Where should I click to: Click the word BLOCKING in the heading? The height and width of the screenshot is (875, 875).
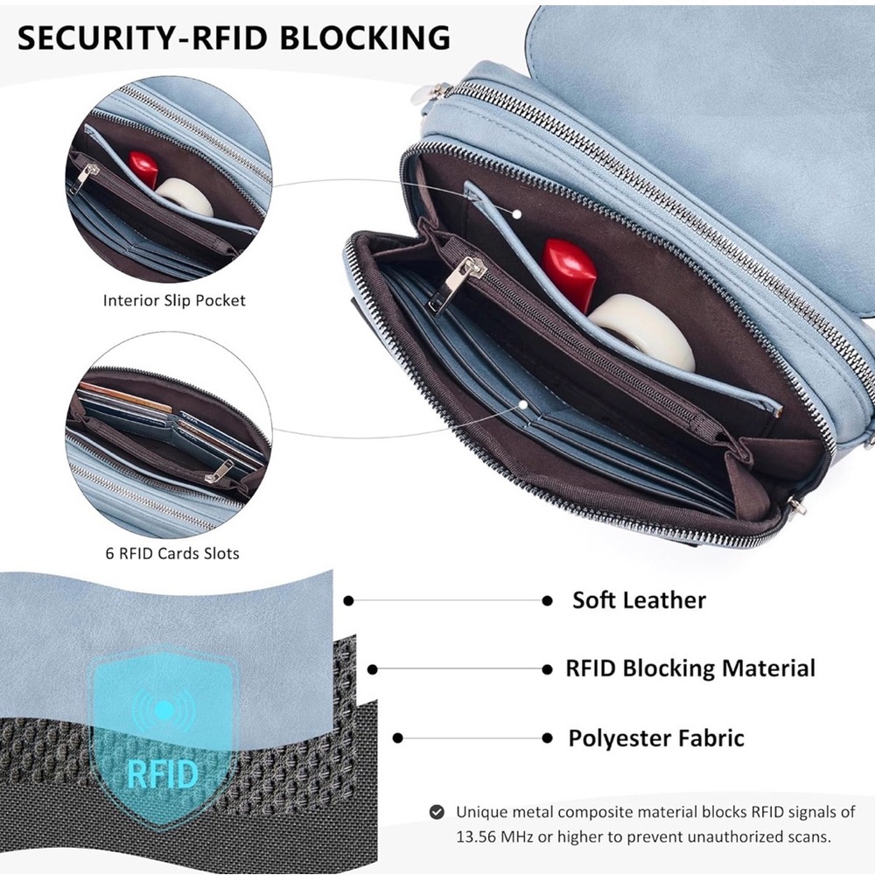[364, 38]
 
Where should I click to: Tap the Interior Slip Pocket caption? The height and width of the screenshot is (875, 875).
[174, 301]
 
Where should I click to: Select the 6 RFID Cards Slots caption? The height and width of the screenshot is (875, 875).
[172, 554]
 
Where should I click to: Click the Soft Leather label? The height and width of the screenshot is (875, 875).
[639, 600]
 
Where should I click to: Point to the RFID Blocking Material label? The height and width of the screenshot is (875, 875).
[690, 668]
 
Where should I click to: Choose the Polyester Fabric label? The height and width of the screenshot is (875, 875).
[656, 738]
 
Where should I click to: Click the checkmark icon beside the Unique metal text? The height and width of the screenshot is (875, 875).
[437, 812]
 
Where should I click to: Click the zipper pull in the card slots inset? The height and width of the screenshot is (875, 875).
[220, 472]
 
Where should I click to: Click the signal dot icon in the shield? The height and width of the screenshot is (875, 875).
[163, 710]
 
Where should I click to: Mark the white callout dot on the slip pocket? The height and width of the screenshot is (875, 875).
[517, 213]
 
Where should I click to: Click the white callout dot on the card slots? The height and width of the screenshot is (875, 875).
[523, 404]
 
